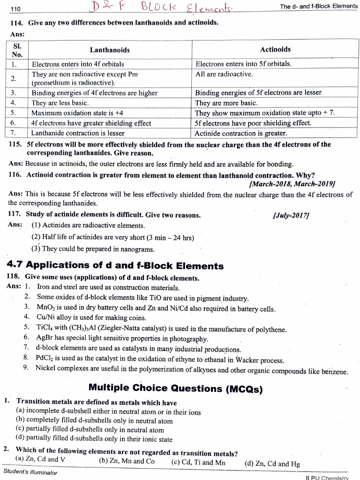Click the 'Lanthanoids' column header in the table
click(x=110, y=50)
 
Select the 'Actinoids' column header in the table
click(x=275, y=49)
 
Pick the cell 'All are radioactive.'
click(x=224, y=74)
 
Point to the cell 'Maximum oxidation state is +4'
click(x=77, y=113)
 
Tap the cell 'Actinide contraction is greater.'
click(x=241, y=133)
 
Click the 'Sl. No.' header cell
click(x=16, y=50)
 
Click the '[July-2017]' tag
click(x=290, y=215)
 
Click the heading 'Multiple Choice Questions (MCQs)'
click(x=176, y=388)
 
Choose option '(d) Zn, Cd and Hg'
click(x=272, y=464)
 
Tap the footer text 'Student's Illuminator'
click(x=30, y=472)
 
